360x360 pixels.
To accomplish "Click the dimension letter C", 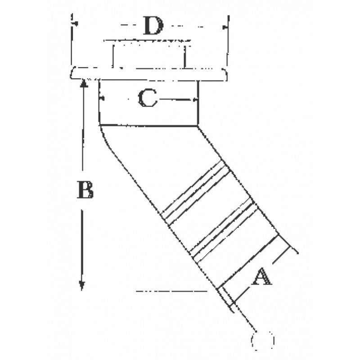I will (x=148, y=98).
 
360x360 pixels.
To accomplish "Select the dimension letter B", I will (x=85, y=190).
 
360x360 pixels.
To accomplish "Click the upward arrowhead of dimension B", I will (x=83, y=81).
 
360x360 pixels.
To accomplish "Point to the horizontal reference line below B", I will (x=171, y=292).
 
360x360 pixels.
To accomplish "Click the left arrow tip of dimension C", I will (x=101, y=98).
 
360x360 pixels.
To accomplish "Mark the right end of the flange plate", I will (x=225, y=75).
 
